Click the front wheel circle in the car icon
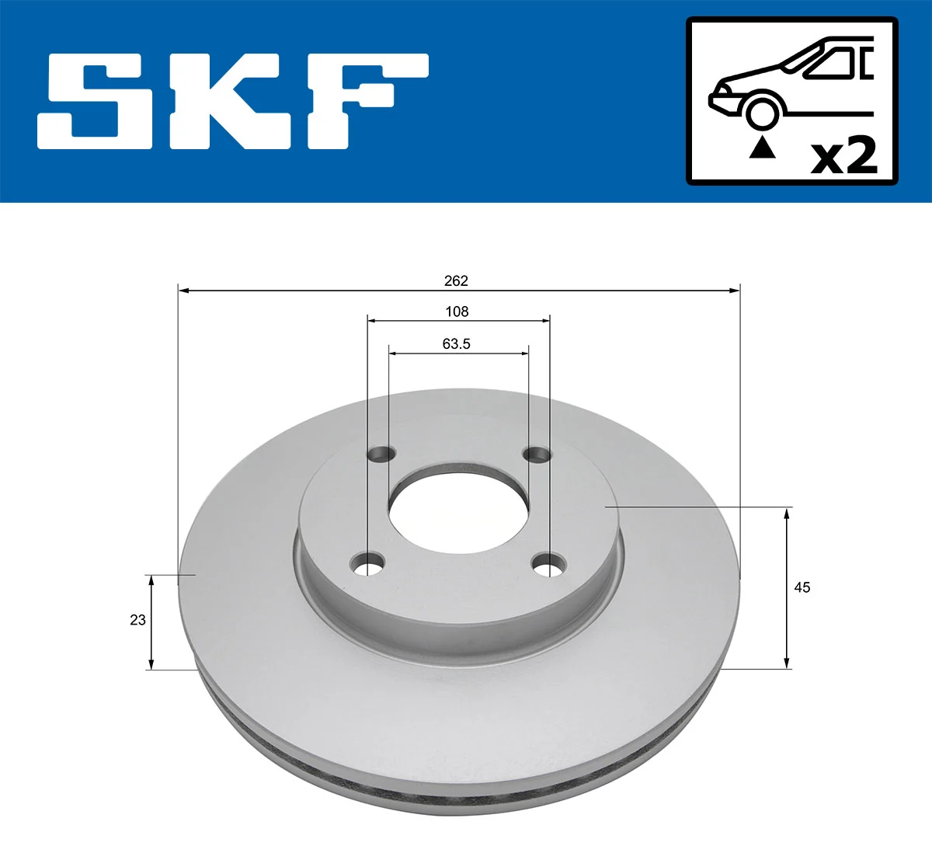point(762,112)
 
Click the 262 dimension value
point(456,280)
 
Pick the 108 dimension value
point(457,312)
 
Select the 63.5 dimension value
point(457,343)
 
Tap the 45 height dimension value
point(802,587)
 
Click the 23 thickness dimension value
point(137,620)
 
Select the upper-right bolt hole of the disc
point(536,454)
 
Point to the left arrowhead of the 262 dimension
point(184,291)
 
